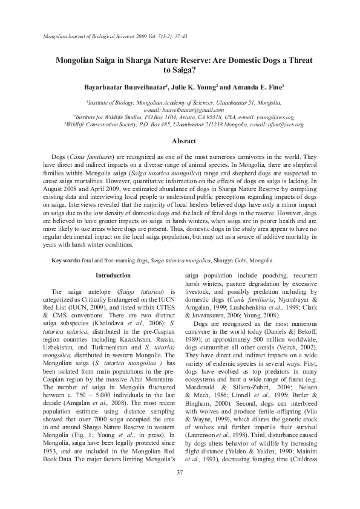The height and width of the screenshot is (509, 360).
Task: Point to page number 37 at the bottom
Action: [x=180, y=488]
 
